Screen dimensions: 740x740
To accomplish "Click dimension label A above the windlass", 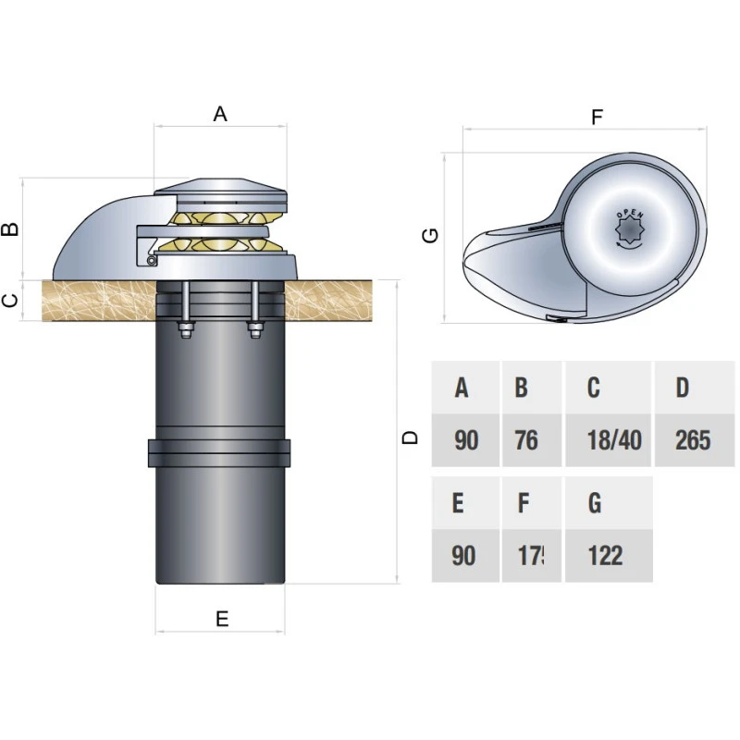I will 220,114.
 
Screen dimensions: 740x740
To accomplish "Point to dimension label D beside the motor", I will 412,438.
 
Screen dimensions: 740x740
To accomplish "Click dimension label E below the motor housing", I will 221,619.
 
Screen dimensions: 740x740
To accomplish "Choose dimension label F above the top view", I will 597,117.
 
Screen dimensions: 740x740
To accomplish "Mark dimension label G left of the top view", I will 429,236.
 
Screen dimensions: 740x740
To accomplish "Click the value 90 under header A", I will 466,439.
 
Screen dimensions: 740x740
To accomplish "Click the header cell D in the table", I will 683,388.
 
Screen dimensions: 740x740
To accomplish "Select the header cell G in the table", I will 595,503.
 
